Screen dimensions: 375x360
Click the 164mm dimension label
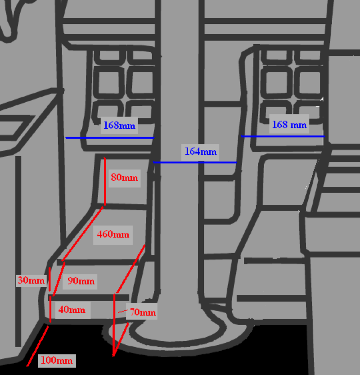(201, 152)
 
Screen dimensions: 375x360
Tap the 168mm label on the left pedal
(119, 126)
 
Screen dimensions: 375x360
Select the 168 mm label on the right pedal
(289, 124)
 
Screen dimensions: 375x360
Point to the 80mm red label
(124, 178)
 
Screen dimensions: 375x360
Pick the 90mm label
(81, 281)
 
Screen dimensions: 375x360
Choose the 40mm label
(72, 310)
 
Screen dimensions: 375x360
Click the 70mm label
(143, 312)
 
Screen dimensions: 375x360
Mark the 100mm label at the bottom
(57, 360)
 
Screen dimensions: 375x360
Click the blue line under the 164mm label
(195, 162)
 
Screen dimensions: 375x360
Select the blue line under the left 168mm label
(110, 138)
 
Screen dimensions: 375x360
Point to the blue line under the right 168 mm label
(283, 136)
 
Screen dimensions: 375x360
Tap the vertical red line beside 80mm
(104, 182)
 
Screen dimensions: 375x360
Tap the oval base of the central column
(180, 335)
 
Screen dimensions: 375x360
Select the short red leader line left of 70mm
(122, 311)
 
